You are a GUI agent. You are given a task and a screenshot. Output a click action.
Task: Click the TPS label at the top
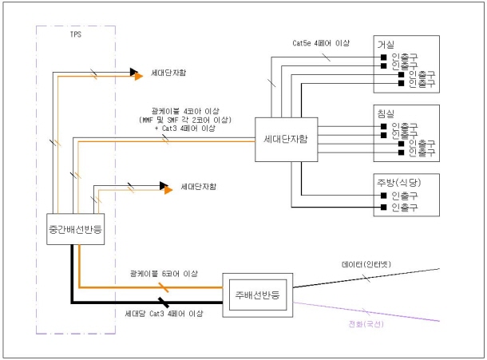[x=76, y=34]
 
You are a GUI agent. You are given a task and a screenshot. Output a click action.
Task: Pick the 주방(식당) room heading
[x=402, y=182]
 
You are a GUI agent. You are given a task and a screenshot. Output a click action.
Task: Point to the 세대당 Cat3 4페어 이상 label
[x=167, y=314]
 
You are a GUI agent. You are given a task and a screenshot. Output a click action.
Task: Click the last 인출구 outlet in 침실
[x=421, y=151]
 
